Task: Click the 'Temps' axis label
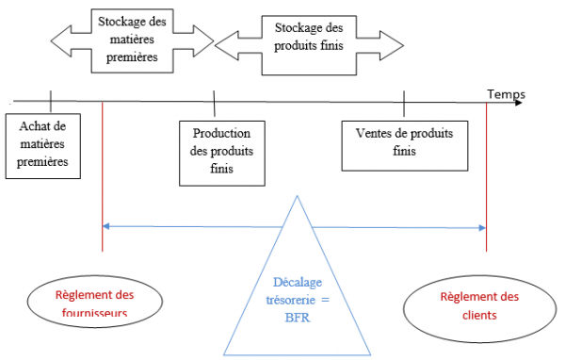[506, 94]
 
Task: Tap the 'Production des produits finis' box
[222, 150]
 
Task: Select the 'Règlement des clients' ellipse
[479, 305]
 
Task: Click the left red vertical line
[101, 179]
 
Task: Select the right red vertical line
[487, 179]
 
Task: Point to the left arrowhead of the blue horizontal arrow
[105, 226]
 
